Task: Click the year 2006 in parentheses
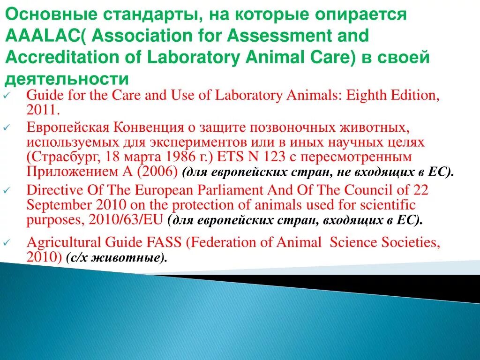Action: coord(157,171)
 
